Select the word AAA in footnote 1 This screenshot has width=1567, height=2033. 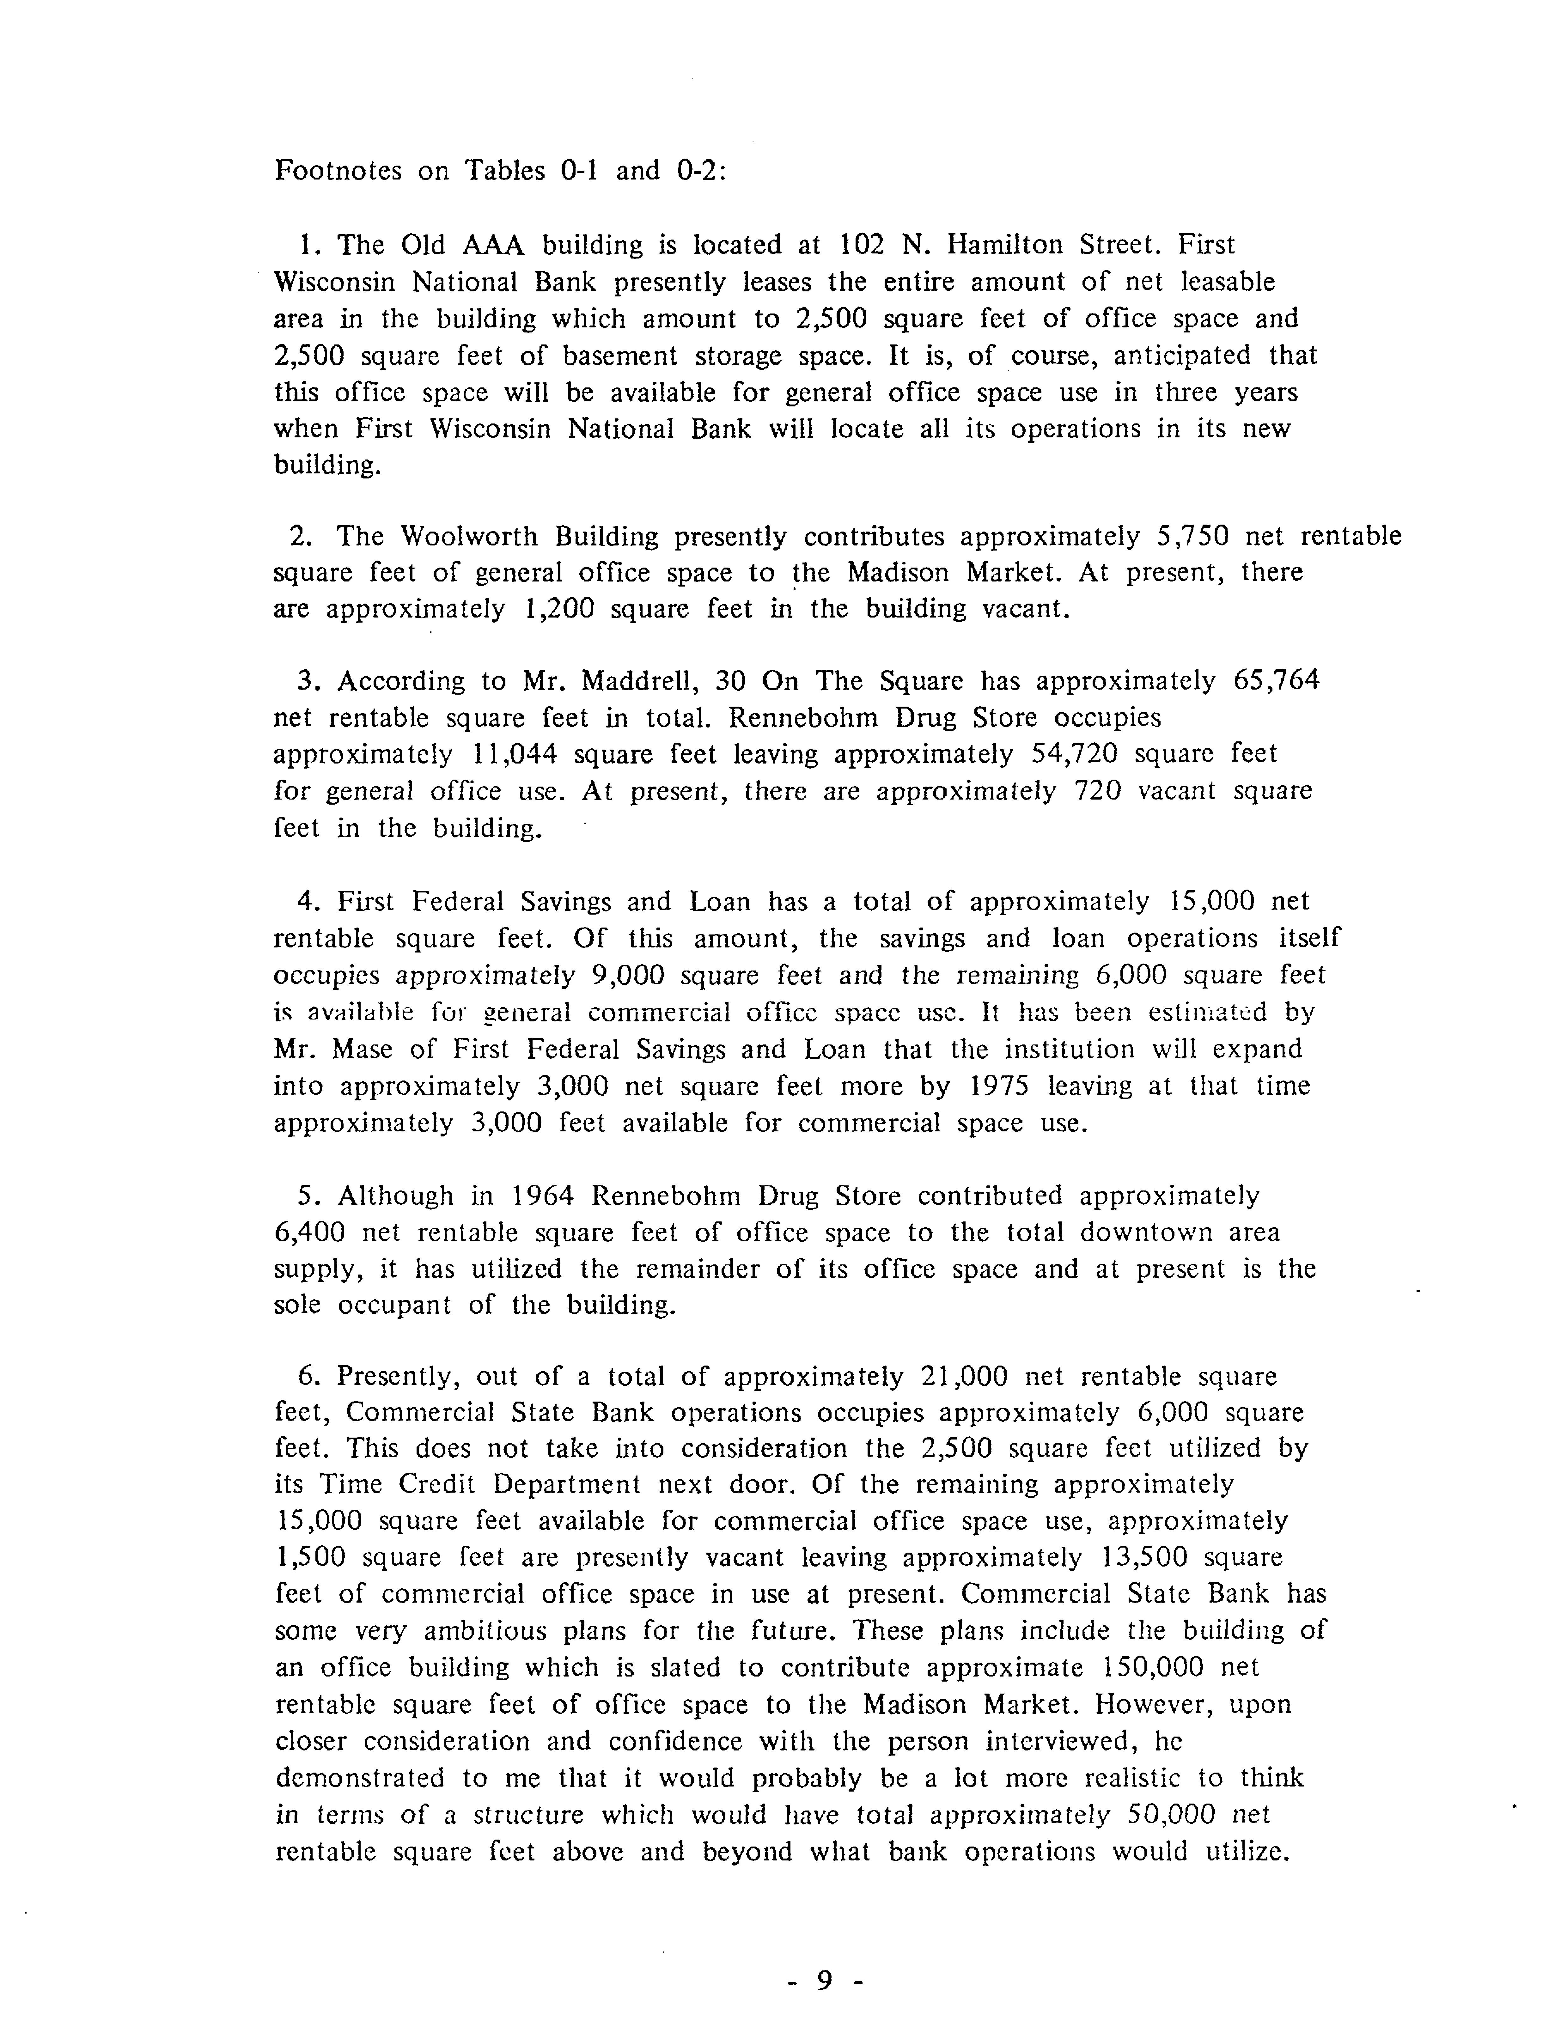493,246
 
